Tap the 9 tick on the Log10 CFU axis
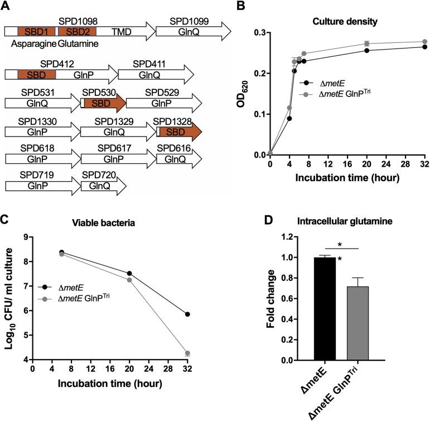(x=26, y=238)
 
